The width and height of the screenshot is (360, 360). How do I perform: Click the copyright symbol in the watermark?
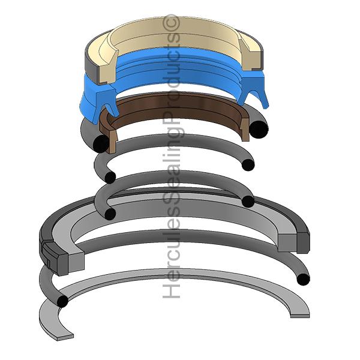[171, 22]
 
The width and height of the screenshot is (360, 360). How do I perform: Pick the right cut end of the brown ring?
[244, 129]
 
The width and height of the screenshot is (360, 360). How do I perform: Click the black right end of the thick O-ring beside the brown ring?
[259, 129]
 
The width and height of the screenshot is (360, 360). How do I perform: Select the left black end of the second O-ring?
[110, 177]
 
